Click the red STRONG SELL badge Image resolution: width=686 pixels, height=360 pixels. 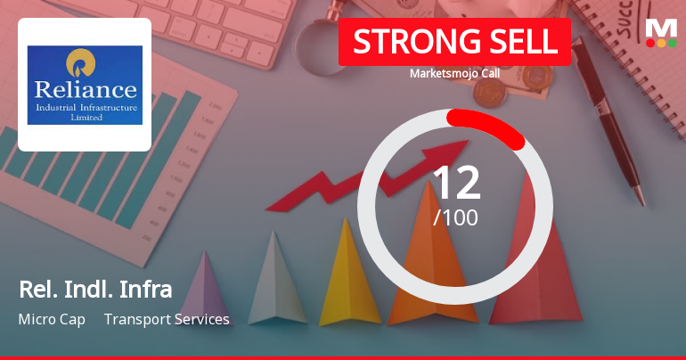coord(454,42)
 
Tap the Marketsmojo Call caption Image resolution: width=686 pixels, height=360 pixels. coord(454,73)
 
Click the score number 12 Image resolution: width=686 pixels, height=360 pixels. coord(455,183)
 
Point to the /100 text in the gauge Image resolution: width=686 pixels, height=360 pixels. coord(455,217)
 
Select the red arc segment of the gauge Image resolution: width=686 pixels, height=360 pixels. coord(488,125)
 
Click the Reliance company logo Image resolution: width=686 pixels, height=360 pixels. coord(85,85)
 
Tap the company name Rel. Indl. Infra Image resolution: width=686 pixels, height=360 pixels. coord(94,289)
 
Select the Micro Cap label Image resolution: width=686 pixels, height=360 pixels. coord(52,319)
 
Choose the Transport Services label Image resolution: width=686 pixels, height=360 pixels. coord(167,319)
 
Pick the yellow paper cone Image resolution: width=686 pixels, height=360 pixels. coord(348,285)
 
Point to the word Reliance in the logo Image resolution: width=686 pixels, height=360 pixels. coord(85,89)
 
